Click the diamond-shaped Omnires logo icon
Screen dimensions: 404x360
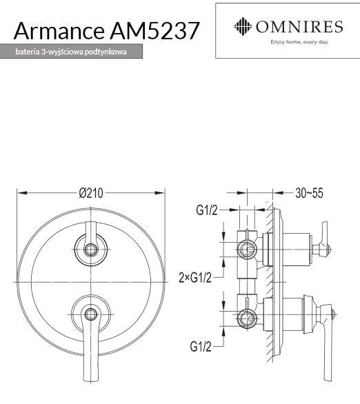pyautogui.click(x=242, y=28)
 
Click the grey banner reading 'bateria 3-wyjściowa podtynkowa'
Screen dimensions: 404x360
pyautogui.click(x=72, y=52)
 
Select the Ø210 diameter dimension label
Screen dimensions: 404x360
pyautogui.click(x=91, y=194)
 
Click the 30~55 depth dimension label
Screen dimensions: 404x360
pyautogui.click(x=308, y=194)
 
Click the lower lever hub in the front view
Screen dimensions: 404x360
pyautogui.click(x=91, y=314)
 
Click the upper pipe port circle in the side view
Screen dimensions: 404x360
pyautogui.click(x=245, y=249)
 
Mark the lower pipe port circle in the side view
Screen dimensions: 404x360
pyautogui.click(x=245, y=318)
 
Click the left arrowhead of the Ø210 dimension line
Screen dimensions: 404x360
pyautogui.click(x=19, y=194)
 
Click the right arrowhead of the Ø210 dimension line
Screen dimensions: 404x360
pyautogui.click(x=163, y=194)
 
